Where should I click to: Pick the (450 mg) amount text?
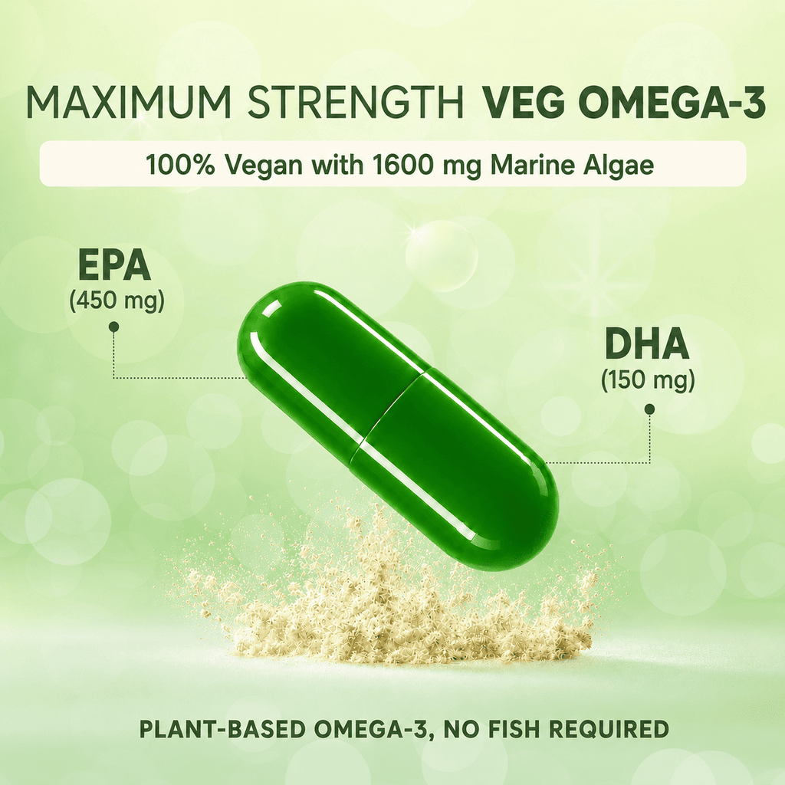click(117, 301)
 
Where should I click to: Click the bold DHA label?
click(647, 344)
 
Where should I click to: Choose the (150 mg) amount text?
click(648, 381)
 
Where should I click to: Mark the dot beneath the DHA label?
click(650, 409)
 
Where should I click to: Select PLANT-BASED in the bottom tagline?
click(222, 729)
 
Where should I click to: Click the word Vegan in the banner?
click(262, 166)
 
